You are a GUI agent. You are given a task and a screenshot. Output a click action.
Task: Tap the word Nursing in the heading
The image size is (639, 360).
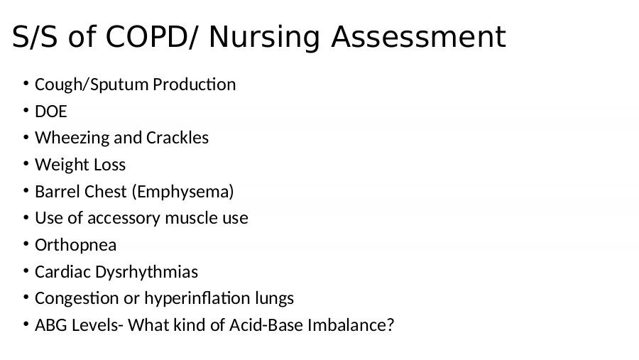coord(265,38)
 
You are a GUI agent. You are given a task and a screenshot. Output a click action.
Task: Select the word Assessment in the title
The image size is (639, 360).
coord(418,37)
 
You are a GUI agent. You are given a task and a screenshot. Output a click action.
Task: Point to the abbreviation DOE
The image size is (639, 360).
coord(51,111)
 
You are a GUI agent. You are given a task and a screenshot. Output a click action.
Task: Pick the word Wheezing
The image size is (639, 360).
coord(72,138)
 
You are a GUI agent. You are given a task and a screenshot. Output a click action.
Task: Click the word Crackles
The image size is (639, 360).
coord(177,138)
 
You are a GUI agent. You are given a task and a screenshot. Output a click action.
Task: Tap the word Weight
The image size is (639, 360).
coord(62,165)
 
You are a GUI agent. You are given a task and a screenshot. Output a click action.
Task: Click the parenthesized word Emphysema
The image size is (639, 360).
coord(183,192)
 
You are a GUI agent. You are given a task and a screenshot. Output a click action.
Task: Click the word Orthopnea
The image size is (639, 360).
coord(76,246)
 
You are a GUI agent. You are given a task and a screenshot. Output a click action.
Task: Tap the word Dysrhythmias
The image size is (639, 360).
coord(147,272)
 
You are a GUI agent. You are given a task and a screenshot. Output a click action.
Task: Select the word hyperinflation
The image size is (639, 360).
coord(197,299)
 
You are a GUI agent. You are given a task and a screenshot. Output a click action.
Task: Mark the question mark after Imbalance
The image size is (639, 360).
coord(390,325)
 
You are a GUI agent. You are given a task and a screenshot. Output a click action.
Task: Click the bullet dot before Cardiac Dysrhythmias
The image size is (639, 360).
coord(26,271)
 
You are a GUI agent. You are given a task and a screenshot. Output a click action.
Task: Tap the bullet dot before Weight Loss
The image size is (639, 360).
coord(26,163)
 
